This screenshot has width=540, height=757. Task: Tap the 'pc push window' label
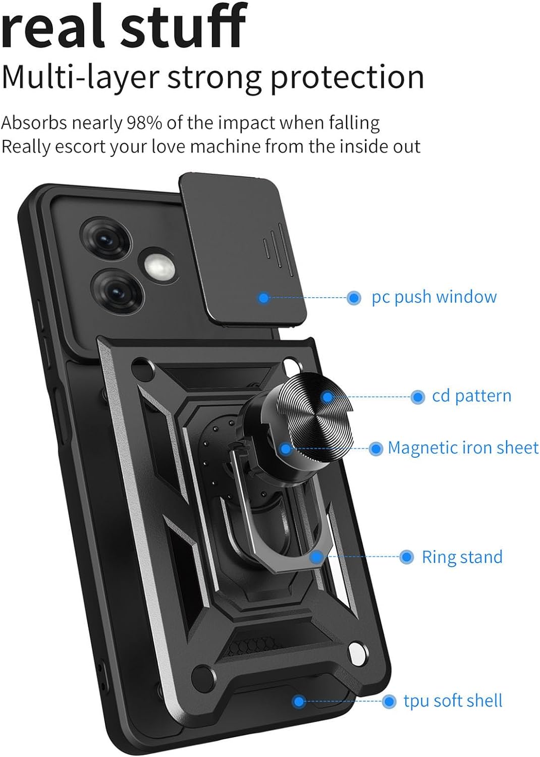434,298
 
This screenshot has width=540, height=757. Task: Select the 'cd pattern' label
471,396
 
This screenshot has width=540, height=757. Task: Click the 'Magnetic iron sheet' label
463,448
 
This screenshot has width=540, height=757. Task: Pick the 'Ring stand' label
462,557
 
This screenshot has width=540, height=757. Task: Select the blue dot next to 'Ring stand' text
407,557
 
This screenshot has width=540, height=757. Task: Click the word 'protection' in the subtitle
348,78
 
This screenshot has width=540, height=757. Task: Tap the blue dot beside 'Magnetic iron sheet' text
375,449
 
